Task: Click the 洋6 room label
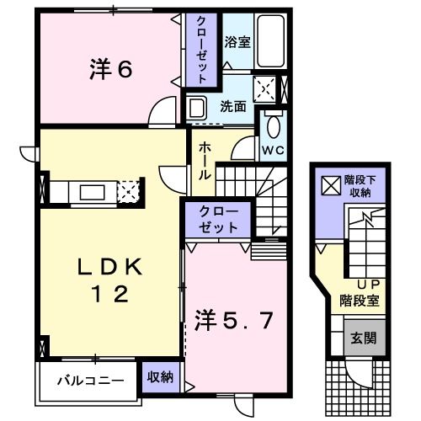tap(110, 71)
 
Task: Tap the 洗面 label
tap(233, 107)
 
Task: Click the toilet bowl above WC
tap(271, 127)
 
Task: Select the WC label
tap(271, 151)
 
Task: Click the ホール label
tap(205, 162)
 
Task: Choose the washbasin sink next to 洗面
tap(197, 108)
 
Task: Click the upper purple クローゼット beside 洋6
tap(203, 49)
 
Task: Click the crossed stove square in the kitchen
tap(128, 191)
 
